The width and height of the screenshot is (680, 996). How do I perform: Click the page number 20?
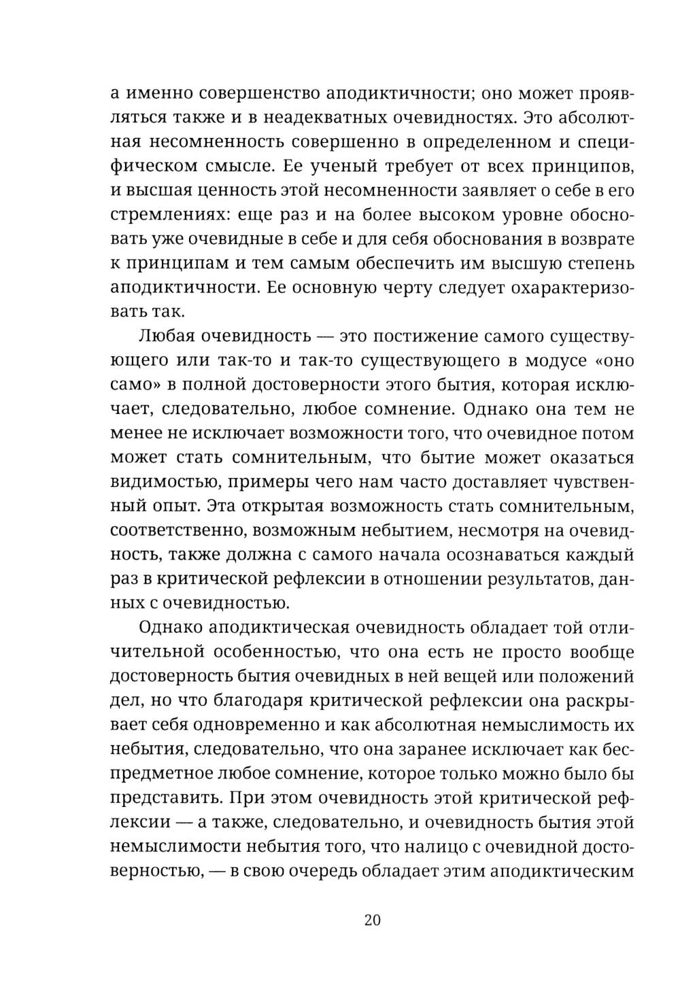373,921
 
